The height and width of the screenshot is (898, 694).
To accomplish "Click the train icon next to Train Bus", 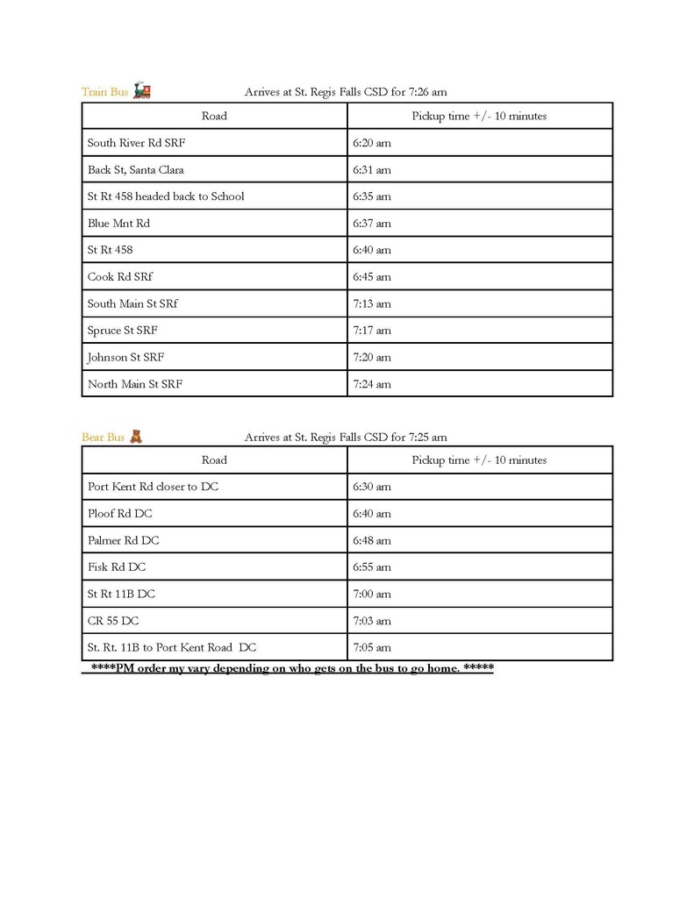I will [x=141, y=91].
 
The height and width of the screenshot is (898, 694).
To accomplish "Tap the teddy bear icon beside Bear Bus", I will [x=136, y=436].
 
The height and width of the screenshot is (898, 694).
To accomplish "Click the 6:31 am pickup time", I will [x=372, y=170].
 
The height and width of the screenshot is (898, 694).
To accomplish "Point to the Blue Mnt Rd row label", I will [x=118, y=224].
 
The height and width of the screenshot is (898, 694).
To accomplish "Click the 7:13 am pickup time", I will [x=372, y=304].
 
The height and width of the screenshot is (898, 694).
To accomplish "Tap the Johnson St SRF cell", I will [x=125, y=358].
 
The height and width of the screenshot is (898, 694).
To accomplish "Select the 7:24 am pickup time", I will [x=372, y=384].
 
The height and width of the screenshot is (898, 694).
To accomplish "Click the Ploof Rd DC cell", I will [x=119, y=514].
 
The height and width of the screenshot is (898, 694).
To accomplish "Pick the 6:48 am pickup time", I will [x=372, y=541].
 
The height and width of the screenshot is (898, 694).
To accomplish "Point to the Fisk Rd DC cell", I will [x=117, y=567].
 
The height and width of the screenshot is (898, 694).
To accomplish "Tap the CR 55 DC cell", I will [x=113, y=621].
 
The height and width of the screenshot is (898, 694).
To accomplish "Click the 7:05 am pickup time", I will [x=372, y=648].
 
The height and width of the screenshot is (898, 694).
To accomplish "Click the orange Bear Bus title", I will [x=104, y=437].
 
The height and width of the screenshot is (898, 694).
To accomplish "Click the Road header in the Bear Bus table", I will [x=214, y=460].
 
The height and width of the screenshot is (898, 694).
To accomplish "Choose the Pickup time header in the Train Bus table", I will [x=479, y=116].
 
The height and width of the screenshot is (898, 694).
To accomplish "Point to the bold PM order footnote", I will [x=292, y=669].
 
